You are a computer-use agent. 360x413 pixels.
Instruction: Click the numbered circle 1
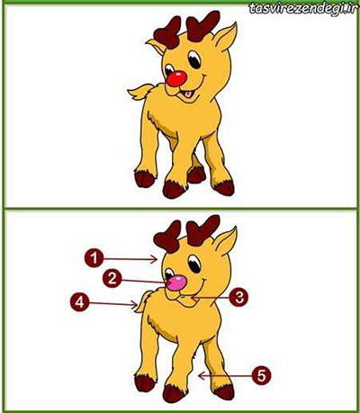tap(94, 257)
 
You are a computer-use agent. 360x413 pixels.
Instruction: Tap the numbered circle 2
tap(112, 279)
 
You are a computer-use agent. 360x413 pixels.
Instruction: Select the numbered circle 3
tap(238, 298)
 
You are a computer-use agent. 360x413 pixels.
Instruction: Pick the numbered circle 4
tap(79, 302)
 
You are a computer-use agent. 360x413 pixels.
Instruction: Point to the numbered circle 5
tap(262, 375)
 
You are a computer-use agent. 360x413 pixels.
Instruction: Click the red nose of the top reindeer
tap(176, 78)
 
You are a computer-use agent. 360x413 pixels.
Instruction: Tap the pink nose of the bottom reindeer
tap(176, 283)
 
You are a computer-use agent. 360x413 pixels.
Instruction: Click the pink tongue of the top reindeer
tap(188, 94)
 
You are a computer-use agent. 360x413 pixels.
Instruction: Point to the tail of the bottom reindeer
tap(142, 301)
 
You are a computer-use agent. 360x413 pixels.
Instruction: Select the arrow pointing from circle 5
tap(224, 375)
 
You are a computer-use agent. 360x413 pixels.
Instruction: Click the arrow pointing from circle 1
tap(130, 258)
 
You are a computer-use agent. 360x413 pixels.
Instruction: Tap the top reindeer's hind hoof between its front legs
tap(196, 175)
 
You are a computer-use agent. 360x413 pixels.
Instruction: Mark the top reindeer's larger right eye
tap(194, 59)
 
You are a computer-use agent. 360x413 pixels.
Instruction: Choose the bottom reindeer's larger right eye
tap(194, 264)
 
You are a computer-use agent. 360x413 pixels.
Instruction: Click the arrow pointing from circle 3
tap(210, 298)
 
